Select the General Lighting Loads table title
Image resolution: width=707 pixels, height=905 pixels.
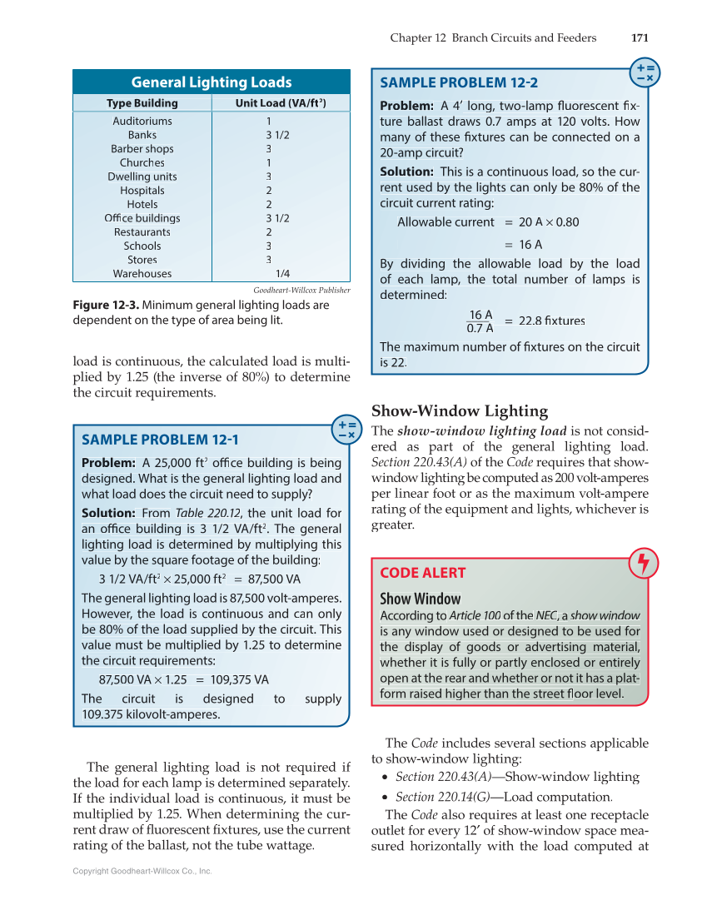tap(212, 82)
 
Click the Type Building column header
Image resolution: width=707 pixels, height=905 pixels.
tap(142, 103)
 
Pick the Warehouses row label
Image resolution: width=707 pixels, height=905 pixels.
tap(142, 273)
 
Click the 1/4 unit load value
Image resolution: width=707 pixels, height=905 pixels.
tap(282, 273)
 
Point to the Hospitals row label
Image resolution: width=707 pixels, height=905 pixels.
tap(142, 191)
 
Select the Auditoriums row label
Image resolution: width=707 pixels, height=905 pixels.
tap(142, 121)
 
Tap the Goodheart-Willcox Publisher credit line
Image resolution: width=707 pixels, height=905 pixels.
tap(301, 290)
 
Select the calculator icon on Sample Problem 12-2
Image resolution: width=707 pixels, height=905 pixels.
tap(645, 72)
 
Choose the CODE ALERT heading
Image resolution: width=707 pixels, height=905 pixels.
tap(423, 573)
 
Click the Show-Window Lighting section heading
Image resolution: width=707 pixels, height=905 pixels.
tap(460, 410)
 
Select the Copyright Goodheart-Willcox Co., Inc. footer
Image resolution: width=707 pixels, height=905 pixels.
tap(142, 871)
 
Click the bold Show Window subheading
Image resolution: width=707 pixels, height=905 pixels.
tap(421, 599)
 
